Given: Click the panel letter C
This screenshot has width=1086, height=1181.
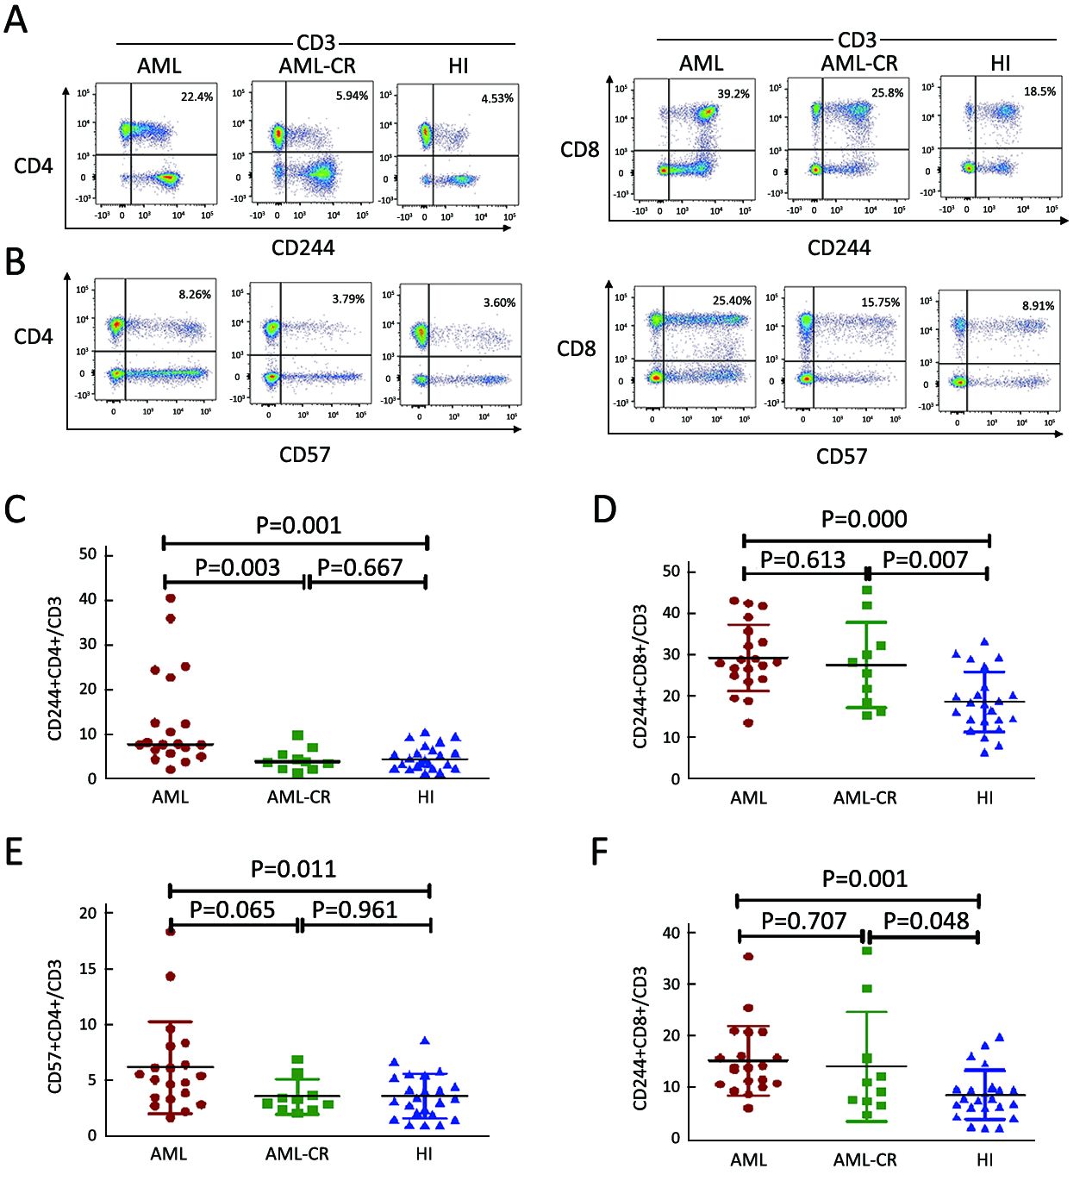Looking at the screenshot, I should [x=15, y=509].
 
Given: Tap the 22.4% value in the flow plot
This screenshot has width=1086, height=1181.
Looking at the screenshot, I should [x=197, y=97].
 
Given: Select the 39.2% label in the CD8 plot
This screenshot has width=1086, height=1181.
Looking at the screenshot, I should [x=733, y=94].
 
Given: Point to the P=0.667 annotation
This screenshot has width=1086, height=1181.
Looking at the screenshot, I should [x=360, y=567].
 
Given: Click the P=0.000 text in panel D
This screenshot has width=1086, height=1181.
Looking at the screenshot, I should [x=864, y=519].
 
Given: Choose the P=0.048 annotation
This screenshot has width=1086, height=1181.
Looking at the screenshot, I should [x=926, y=921].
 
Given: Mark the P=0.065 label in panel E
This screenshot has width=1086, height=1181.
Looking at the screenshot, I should [x=232, y=909].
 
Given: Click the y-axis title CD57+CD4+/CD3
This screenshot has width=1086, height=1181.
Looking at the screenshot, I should [x=56, y=1026].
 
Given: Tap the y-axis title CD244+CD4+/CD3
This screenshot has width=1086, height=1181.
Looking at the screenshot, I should [x=56, y=668].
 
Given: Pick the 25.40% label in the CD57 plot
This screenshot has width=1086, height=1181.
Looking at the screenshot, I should [x=732, y=301].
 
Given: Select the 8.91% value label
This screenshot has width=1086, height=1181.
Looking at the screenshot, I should [x=1038, y=305].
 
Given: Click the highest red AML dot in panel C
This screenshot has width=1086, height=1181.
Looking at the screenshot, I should [x=171, y=597].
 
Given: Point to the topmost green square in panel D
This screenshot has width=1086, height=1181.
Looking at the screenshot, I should [x=867, y=590].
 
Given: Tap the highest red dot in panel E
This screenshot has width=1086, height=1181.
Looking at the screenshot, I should [x=171, y=931].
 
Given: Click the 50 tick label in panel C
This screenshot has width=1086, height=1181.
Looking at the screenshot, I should [x=88, y=554].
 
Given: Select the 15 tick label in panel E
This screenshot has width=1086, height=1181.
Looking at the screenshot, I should [x=88, y=969].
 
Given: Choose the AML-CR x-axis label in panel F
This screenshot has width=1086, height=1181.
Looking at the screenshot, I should [x=864, y=1160].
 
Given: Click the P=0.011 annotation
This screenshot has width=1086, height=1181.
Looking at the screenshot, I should [x=293, y=869].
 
